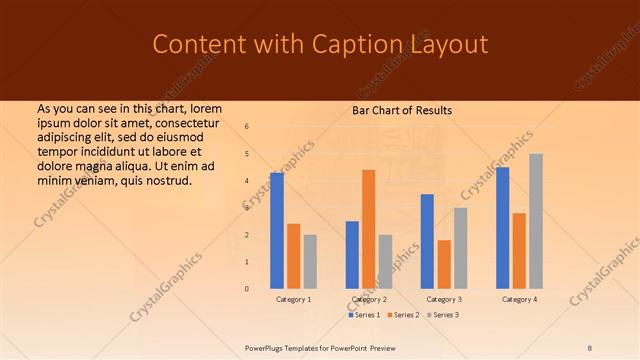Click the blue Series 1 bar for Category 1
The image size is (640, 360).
click(x=277, y=230)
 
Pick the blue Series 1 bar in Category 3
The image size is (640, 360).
click(x=427, y=240)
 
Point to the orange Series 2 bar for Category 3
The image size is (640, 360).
click(x=444, y=263)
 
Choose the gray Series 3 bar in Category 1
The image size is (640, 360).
click(x=310, y=261)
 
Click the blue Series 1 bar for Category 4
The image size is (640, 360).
click(x=502, y=227)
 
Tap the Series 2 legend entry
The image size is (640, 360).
click(x=402, y=315)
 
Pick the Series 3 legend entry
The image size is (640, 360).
click(x=443, y=315)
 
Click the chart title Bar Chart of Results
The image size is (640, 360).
click(x=402, y=110)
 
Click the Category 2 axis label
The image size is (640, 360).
click(x=369, y=299)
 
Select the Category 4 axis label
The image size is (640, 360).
click(x=519, y=299)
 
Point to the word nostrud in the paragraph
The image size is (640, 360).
click(x=166, y=180)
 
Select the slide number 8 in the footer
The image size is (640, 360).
click(x=589, y=348)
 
